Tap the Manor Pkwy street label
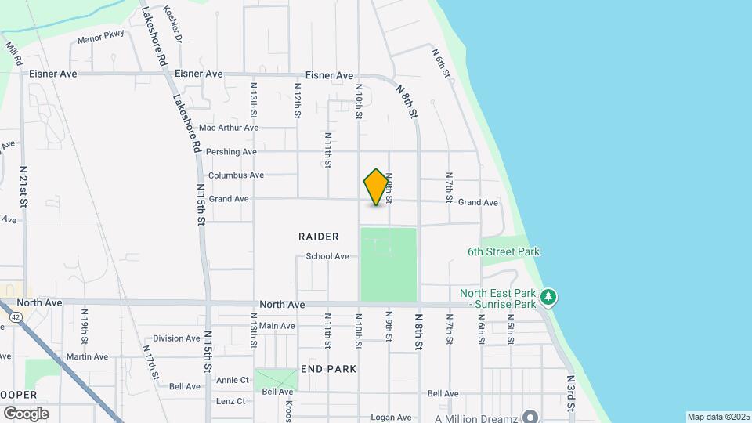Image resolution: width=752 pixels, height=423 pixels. pyautogui.click(x=100, y=39)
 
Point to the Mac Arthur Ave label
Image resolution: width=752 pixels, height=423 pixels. pyautogui.click(x=228, y=128)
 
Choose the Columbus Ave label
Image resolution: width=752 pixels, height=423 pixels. pyautogui.click(x=236, y=175)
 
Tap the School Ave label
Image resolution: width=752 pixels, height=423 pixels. pyautogui.click(x=327, y=256)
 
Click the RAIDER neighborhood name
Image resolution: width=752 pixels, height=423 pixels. pyautogui.click(x=319, y=236)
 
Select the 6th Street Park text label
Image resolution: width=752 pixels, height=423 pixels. pyautogui.click(x=504, y=252)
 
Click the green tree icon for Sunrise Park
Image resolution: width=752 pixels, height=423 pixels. pyautogui.click(x=550, y=296)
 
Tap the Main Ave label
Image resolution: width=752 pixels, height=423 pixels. pyautogui.click(x=277, y=326)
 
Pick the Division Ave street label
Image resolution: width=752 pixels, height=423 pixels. pyautogui.click(x=176, y=338)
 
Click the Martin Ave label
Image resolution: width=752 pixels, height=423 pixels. pyautogui.click(x=87, y=356)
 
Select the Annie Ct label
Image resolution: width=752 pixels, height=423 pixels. pyautogui.click(x=232, y=380)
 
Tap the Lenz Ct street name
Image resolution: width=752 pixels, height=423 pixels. pyautogui.click(x=230, y=401)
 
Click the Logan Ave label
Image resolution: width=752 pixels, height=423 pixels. pyautogui.click(x=391, y=418)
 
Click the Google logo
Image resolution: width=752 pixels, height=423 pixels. pyautogui.click(x=26, y=413)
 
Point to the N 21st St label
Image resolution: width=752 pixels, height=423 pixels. pyautogui.click(x=23, y=186)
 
